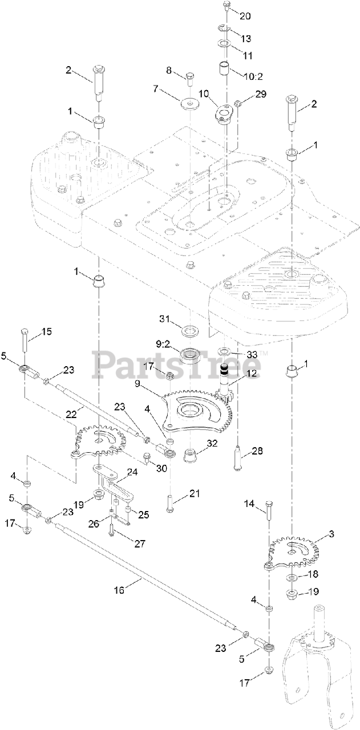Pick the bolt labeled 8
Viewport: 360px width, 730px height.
click(190, 78)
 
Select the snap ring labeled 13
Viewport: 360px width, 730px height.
click(224, 28)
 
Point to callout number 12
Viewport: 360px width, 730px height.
click(252, 374)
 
